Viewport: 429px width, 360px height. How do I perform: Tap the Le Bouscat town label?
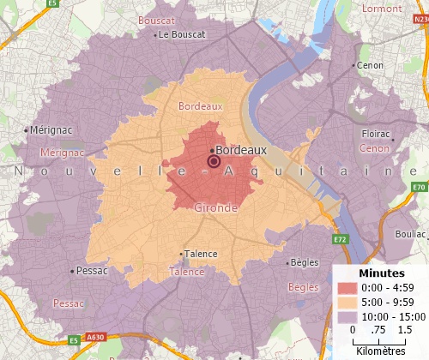pyautogui.click(x=181, y=35)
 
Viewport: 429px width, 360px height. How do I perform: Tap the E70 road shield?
pyautogui.click(x=419, y=187)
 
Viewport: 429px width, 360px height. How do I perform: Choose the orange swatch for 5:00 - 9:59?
pyautogui.click(x=347, y=302)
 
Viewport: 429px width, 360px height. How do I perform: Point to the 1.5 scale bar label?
pyautogui.click(x=406, y=330)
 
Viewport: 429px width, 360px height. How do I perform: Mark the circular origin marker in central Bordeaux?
pyautogui.click(x=214, y=161)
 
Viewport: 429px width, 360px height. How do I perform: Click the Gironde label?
pyautogui.click(x=216, y=208)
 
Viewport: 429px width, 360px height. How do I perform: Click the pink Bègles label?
pyautogui.click(x=302, y=287)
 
